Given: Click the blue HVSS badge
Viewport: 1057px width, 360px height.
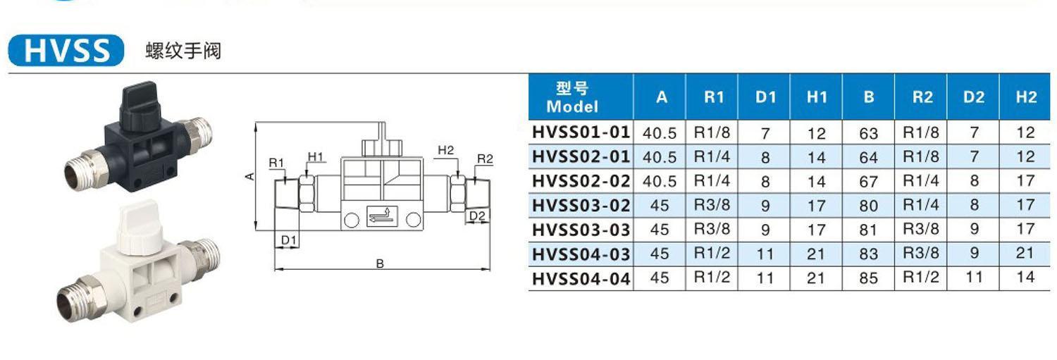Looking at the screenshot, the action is [x=66, y=50].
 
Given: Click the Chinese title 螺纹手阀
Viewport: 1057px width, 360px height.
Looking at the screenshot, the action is [x=183, y=51].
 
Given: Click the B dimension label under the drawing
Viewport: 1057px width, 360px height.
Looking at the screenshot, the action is [x=380, y=263].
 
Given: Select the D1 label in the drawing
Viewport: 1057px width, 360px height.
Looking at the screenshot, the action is [x=288, y=240].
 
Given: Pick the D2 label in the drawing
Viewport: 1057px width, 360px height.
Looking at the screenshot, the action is [x=477, y=216].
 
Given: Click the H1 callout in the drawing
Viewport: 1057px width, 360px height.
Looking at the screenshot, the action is [x=315, y=156].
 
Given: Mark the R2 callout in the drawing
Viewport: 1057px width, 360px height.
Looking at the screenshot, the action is [x=485, y=159].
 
